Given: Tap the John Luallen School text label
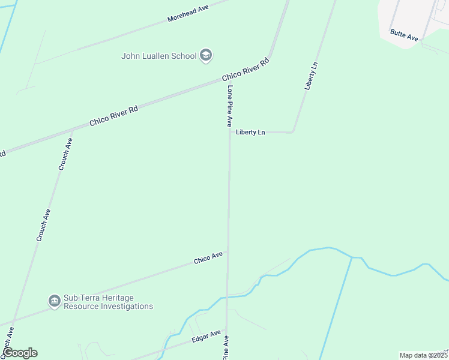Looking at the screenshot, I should [159, 56].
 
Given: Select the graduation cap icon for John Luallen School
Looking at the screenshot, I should [206, 56].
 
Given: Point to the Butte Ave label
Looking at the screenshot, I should [403, 35].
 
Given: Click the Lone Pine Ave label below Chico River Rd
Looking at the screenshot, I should [229, 106].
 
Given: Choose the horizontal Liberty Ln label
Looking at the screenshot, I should [250, 132].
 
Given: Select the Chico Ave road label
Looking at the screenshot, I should [208, 258].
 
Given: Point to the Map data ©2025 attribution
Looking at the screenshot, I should [423, 355].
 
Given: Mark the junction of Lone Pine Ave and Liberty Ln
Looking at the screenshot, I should [230, 132].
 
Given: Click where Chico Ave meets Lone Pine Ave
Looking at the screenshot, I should [228, 252].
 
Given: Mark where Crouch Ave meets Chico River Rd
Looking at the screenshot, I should [71, 129].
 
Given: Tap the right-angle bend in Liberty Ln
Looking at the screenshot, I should [292, 131].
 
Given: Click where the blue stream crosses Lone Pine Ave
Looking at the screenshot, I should [227, 297].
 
